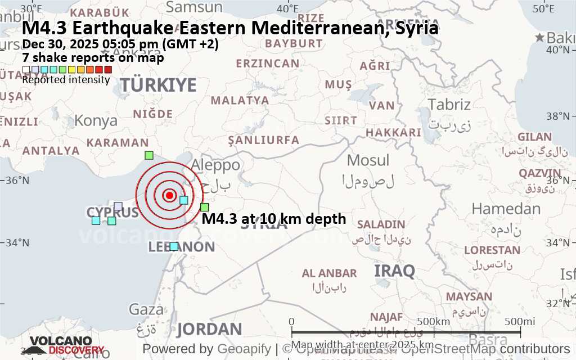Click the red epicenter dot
click(169, 195)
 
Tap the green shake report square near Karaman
click(148, 155)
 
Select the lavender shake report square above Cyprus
click(118, 206)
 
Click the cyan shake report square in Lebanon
click(174, 246)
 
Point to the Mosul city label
click(368, 160)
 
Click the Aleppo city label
click(216, 165)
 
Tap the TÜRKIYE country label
click(159, 85)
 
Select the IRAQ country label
click(394, 271)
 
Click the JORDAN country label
click(209, 330)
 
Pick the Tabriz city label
click(449, 105)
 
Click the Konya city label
click(96, 120)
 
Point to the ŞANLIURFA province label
click(264, 139)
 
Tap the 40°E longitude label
click(287, 8)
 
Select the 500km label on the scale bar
click(433, 321)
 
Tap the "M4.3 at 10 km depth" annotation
click(273, 219)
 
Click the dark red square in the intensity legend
click(108, 70)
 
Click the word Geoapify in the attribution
click(243, 349)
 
